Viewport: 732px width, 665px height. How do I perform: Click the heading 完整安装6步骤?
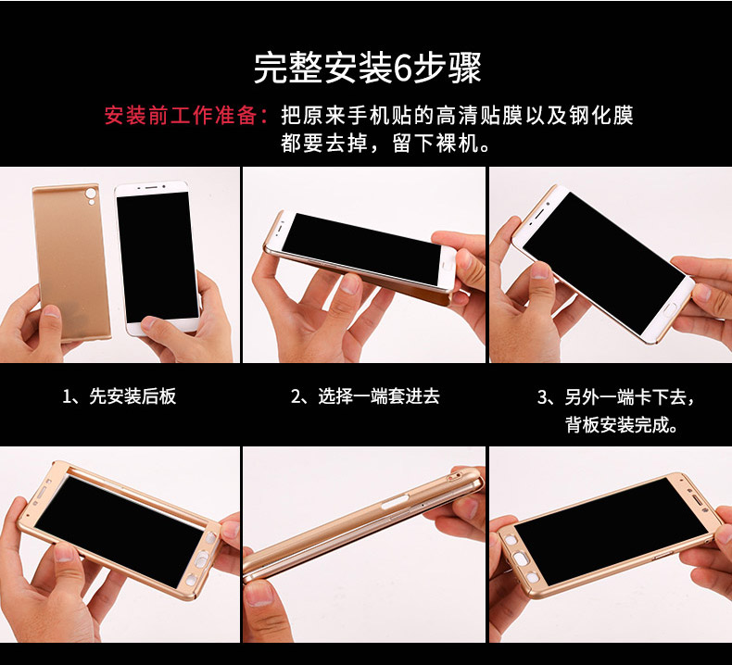coord(367,69)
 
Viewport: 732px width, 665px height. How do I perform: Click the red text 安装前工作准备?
coord(181,116)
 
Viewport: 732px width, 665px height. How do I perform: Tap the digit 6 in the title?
coord(401,69)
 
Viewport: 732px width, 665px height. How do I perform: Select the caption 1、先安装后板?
coord(120,396)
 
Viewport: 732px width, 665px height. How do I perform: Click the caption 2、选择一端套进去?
coord(365,396)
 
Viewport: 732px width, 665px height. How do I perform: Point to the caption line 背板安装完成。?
coord(622,425)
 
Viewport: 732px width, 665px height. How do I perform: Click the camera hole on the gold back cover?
coord(91,194)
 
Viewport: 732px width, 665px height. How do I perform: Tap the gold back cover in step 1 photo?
coord(71,261)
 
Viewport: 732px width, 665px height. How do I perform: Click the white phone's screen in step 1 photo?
coord(158,258)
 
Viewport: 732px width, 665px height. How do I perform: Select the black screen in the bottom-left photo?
coord(119,530)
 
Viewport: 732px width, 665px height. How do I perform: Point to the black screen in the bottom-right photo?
coord(612,531)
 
